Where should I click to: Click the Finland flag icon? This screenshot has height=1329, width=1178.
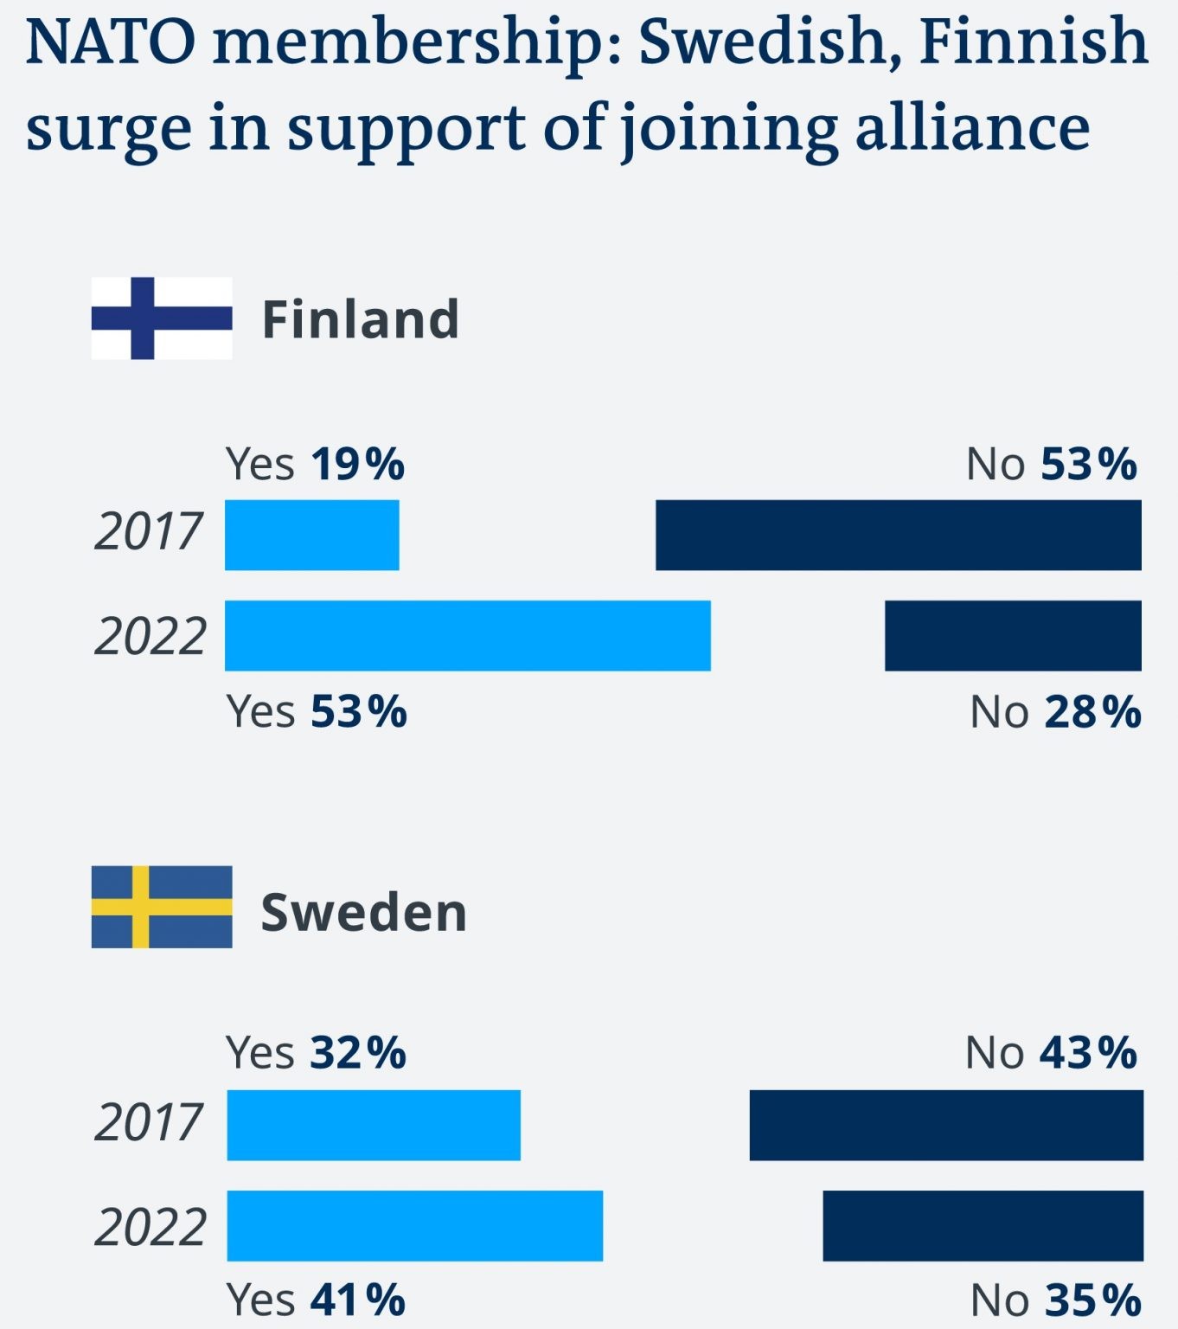point(162,318)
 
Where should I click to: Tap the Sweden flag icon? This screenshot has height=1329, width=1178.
point(162,907)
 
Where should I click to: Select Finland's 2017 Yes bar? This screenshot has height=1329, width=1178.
point(311,535)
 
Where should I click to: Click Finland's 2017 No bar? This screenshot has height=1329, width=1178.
point(898,535)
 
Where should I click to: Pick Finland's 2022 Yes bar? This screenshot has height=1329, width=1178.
point(467,635)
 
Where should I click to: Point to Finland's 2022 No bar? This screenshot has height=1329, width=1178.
point(1012,635)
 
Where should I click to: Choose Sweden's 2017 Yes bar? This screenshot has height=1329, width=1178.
point(374,1125)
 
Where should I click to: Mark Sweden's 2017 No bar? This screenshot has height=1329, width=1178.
point(946,1125)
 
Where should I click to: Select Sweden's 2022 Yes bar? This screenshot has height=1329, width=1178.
point(414,1225)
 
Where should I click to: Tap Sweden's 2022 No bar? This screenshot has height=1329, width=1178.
point(983,1225)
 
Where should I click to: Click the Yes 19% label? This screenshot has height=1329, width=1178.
point(315,465)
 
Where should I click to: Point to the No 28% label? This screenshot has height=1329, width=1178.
point(1055,712)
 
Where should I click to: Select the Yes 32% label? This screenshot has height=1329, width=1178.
point(316,1053)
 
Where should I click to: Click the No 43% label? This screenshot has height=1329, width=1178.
point(1051,1053)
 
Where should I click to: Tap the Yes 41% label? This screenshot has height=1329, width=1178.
point(316,1300)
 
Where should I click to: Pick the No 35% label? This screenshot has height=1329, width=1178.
point(1055,1300)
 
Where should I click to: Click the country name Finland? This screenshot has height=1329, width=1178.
point(360,319)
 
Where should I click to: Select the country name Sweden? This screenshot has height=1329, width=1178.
point(363,912)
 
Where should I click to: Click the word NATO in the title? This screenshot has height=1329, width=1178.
point(111,42)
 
